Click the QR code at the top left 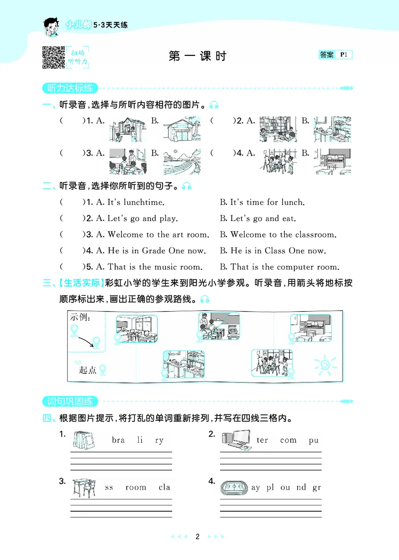click(53, 57)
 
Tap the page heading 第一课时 click(198, 56)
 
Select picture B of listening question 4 click(332, 161)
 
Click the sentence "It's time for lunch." click(267, 202)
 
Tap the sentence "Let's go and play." click(137, 218)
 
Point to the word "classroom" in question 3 click(316, 234)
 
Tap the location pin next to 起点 click(103, 370)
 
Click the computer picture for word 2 click(235, 440)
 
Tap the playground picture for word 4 click(233, 487)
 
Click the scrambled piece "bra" click(118, 440)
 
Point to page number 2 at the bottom click(198, 537)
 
